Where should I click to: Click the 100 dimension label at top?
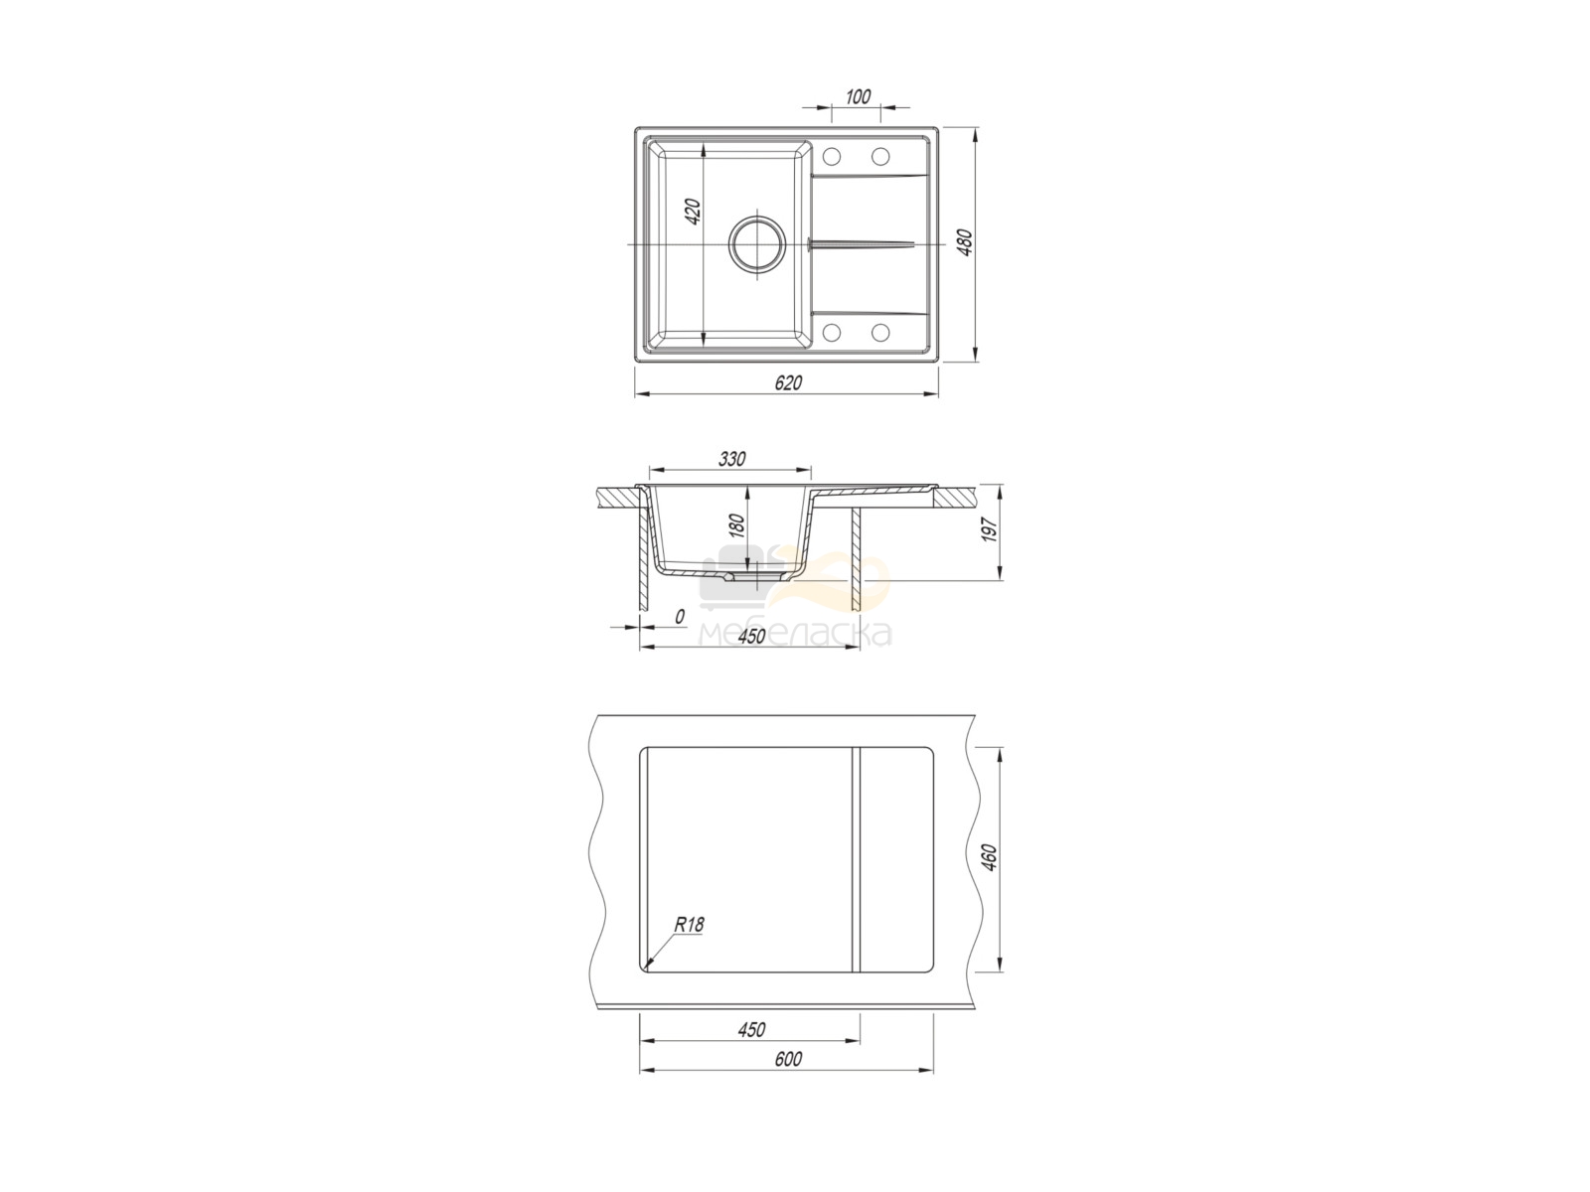tap(857, 96)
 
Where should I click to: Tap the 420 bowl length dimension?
tap(694, 211)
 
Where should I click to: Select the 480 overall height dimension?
tap(965, 242)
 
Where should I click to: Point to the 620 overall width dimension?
tap(788, 382)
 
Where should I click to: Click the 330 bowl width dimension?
tap(732, 459)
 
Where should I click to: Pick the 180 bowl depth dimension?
tap(737, 525)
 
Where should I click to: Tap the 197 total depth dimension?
tap(991, 529)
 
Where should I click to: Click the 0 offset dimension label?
tap(680, 617)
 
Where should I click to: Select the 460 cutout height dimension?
tap(991, 857)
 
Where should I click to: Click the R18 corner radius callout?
tap(689, 925)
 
